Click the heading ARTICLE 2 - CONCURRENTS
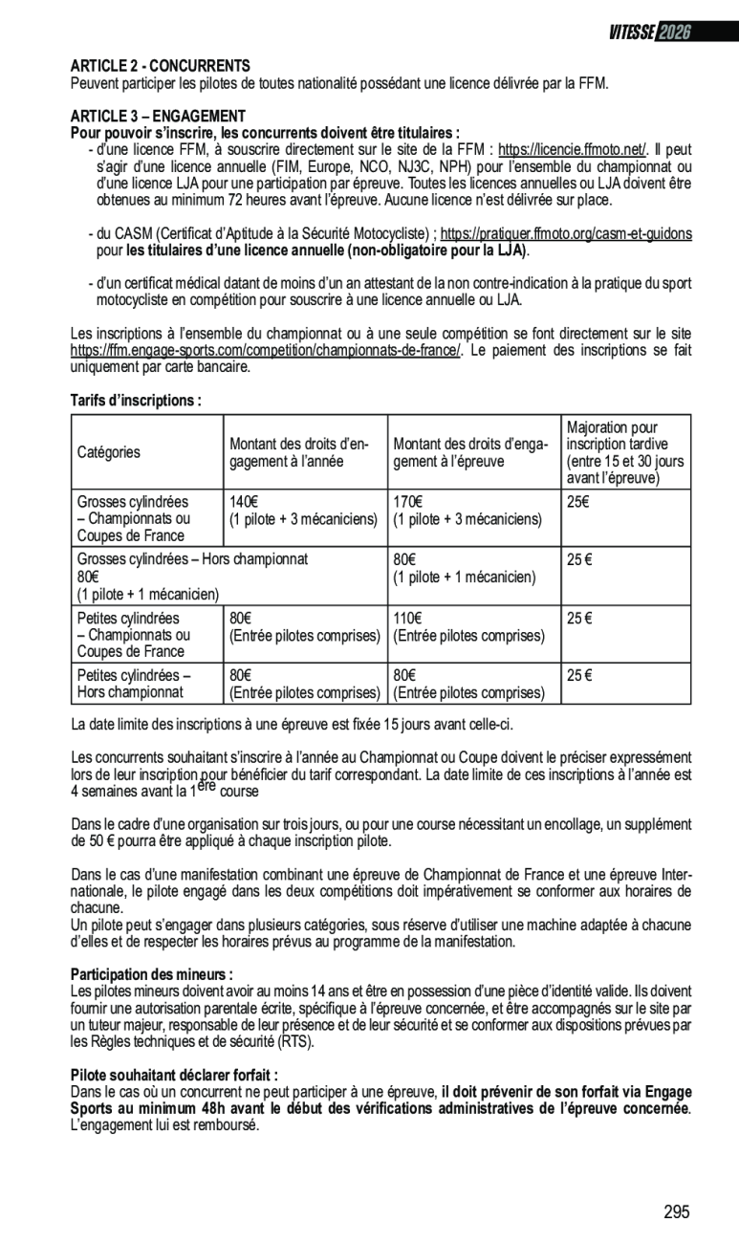pos(160,66)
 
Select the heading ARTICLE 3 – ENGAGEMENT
pos(158,117)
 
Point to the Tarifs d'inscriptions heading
pos(136,400)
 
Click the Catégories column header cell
pos(108,452)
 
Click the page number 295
pos(676,1211)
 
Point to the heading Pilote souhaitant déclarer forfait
pos(174,1075)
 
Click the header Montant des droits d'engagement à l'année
pos(299,452)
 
